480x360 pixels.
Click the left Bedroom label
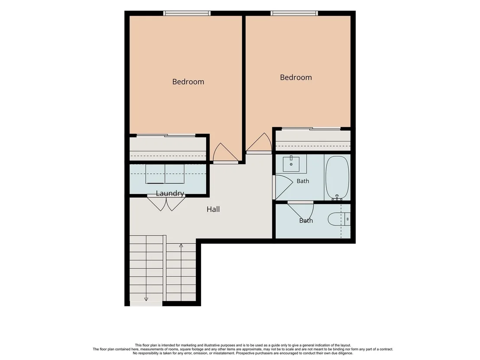tap(188, 82)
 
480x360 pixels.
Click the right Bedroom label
tap(296, 78)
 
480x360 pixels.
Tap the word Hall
tap(213, 209)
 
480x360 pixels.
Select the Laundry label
tap(170, 194)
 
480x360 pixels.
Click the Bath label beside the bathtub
tap(303, 181)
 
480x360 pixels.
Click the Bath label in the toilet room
tap(306, 221)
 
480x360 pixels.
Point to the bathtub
tap(337, 178)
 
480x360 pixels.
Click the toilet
tap(339, 219)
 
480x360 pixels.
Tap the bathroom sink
tap(291, 164)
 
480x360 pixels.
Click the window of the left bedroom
tap(187, 13)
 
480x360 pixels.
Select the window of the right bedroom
tap(294, 13)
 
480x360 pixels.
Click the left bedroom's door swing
tap(225, 153)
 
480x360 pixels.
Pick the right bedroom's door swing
tap(259, 143)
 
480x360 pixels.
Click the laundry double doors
tap(166, 203)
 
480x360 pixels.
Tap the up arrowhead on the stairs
tap(181, 246)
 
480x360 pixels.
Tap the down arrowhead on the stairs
tap(146, 299)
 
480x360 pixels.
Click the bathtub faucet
tap(337, 198)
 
